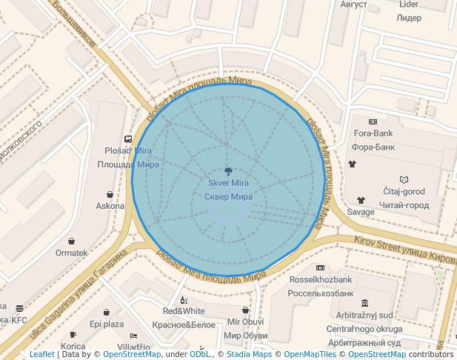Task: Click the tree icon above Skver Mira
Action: click(228, 170)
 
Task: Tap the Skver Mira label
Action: click(228, 183)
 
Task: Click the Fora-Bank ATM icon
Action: click(372, 121)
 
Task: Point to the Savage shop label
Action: click(361, 212)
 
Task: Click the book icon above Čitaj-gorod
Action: click(404, 179)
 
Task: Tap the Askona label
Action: click(110, 206)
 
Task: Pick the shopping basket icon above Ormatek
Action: click(71, 241)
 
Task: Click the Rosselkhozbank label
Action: click(320, 279)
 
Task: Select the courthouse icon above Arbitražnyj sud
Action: click(364, 303)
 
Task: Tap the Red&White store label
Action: click(184, 311)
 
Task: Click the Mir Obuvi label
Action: click(245, 321)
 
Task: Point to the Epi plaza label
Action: click(107, 324)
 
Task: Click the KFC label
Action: click(19, 321)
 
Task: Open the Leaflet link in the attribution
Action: click(42, 355)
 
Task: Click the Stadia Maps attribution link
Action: click(249, 355)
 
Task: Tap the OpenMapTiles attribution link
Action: click(310, 355)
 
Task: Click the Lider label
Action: click(409, 4)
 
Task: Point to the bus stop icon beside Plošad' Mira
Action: click(128, 139)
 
